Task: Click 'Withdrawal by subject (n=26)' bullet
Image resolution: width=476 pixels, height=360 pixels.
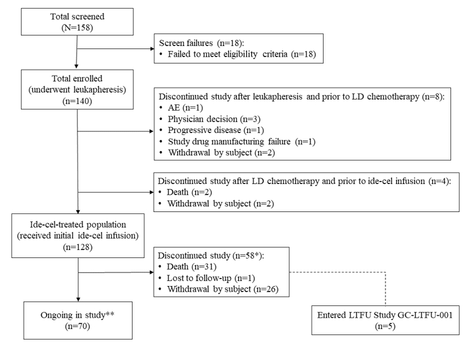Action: pyautogui.click(x=216, y=294)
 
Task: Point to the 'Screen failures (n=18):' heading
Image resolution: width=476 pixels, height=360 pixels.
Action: pyautogui.click(x=206, y=43)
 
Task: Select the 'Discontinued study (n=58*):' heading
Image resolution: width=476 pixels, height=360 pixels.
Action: pyautogui.click(x=214, y=262)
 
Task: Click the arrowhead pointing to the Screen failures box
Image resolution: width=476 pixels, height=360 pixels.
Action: pyautogui.click(x=151, y=48)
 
